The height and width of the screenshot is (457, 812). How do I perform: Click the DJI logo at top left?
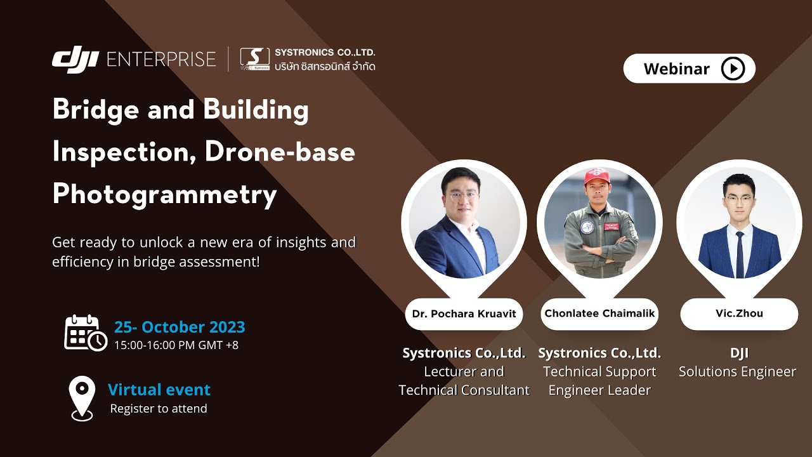(x=75, y=60)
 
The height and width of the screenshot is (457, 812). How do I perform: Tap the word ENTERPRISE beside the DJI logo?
(x=161, y=60)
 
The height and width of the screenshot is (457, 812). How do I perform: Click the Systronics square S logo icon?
(x=254, y=59)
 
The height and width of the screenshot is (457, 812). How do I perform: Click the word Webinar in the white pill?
(x=676, y=69)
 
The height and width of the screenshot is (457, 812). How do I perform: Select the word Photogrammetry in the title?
(x=164, y=194)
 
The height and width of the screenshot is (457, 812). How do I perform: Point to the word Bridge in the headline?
(x=95, y=110)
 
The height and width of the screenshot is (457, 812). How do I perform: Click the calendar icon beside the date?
(x=85, y=333)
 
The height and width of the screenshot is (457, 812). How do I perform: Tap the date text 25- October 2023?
(x=180, y=328)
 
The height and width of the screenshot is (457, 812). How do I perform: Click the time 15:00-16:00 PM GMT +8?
(x=176, y=345)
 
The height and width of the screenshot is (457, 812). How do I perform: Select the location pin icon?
(x=82, y=397)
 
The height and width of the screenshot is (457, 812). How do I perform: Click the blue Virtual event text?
(x=159, y=390)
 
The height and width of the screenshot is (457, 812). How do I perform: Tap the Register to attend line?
(x=159, y=409)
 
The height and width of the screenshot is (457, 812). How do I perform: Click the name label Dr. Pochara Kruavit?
(x=464, y=314)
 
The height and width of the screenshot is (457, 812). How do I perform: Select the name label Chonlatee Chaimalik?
(x=599, y=314)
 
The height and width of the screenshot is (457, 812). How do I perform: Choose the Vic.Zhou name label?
(x=739, y=314)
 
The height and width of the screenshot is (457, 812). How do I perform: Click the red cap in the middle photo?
(x=596, y=176)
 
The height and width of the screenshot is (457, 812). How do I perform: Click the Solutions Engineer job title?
(x=737, y=372)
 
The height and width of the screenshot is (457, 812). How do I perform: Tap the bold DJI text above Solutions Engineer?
(x=739, y=354)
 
